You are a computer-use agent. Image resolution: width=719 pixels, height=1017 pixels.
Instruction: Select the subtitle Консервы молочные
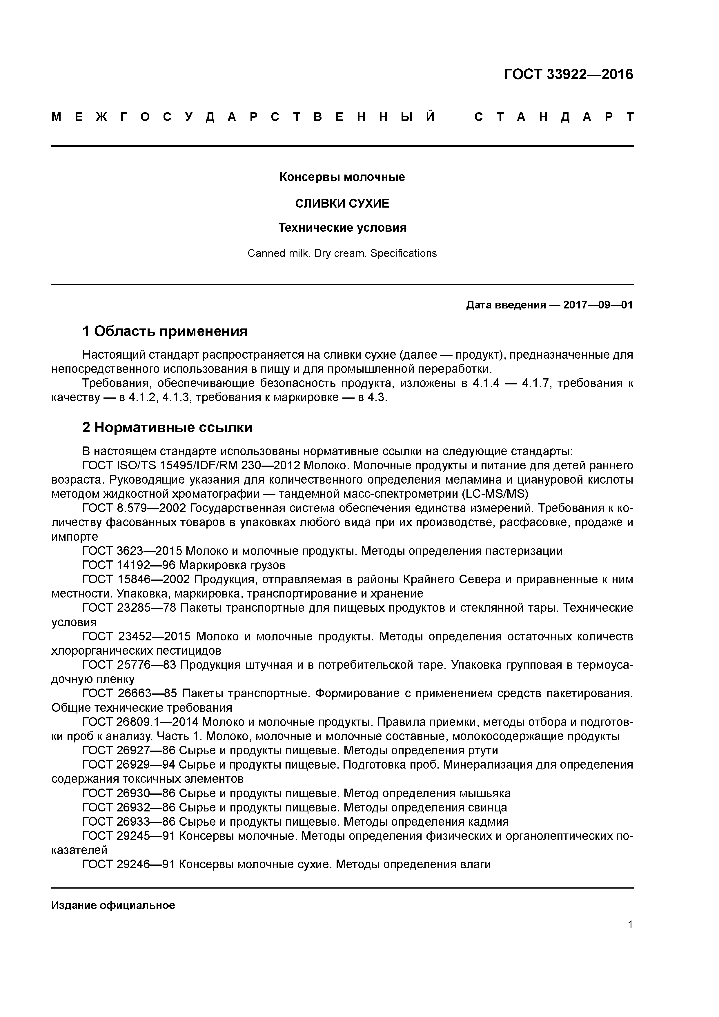coord(342,177)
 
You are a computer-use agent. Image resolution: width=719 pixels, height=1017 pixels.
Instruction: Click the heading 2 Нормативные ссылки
coord(168,427)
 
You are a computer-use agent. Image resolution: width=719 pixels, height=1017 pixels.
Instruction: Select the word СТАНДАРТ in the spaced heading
coord(554,117)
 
